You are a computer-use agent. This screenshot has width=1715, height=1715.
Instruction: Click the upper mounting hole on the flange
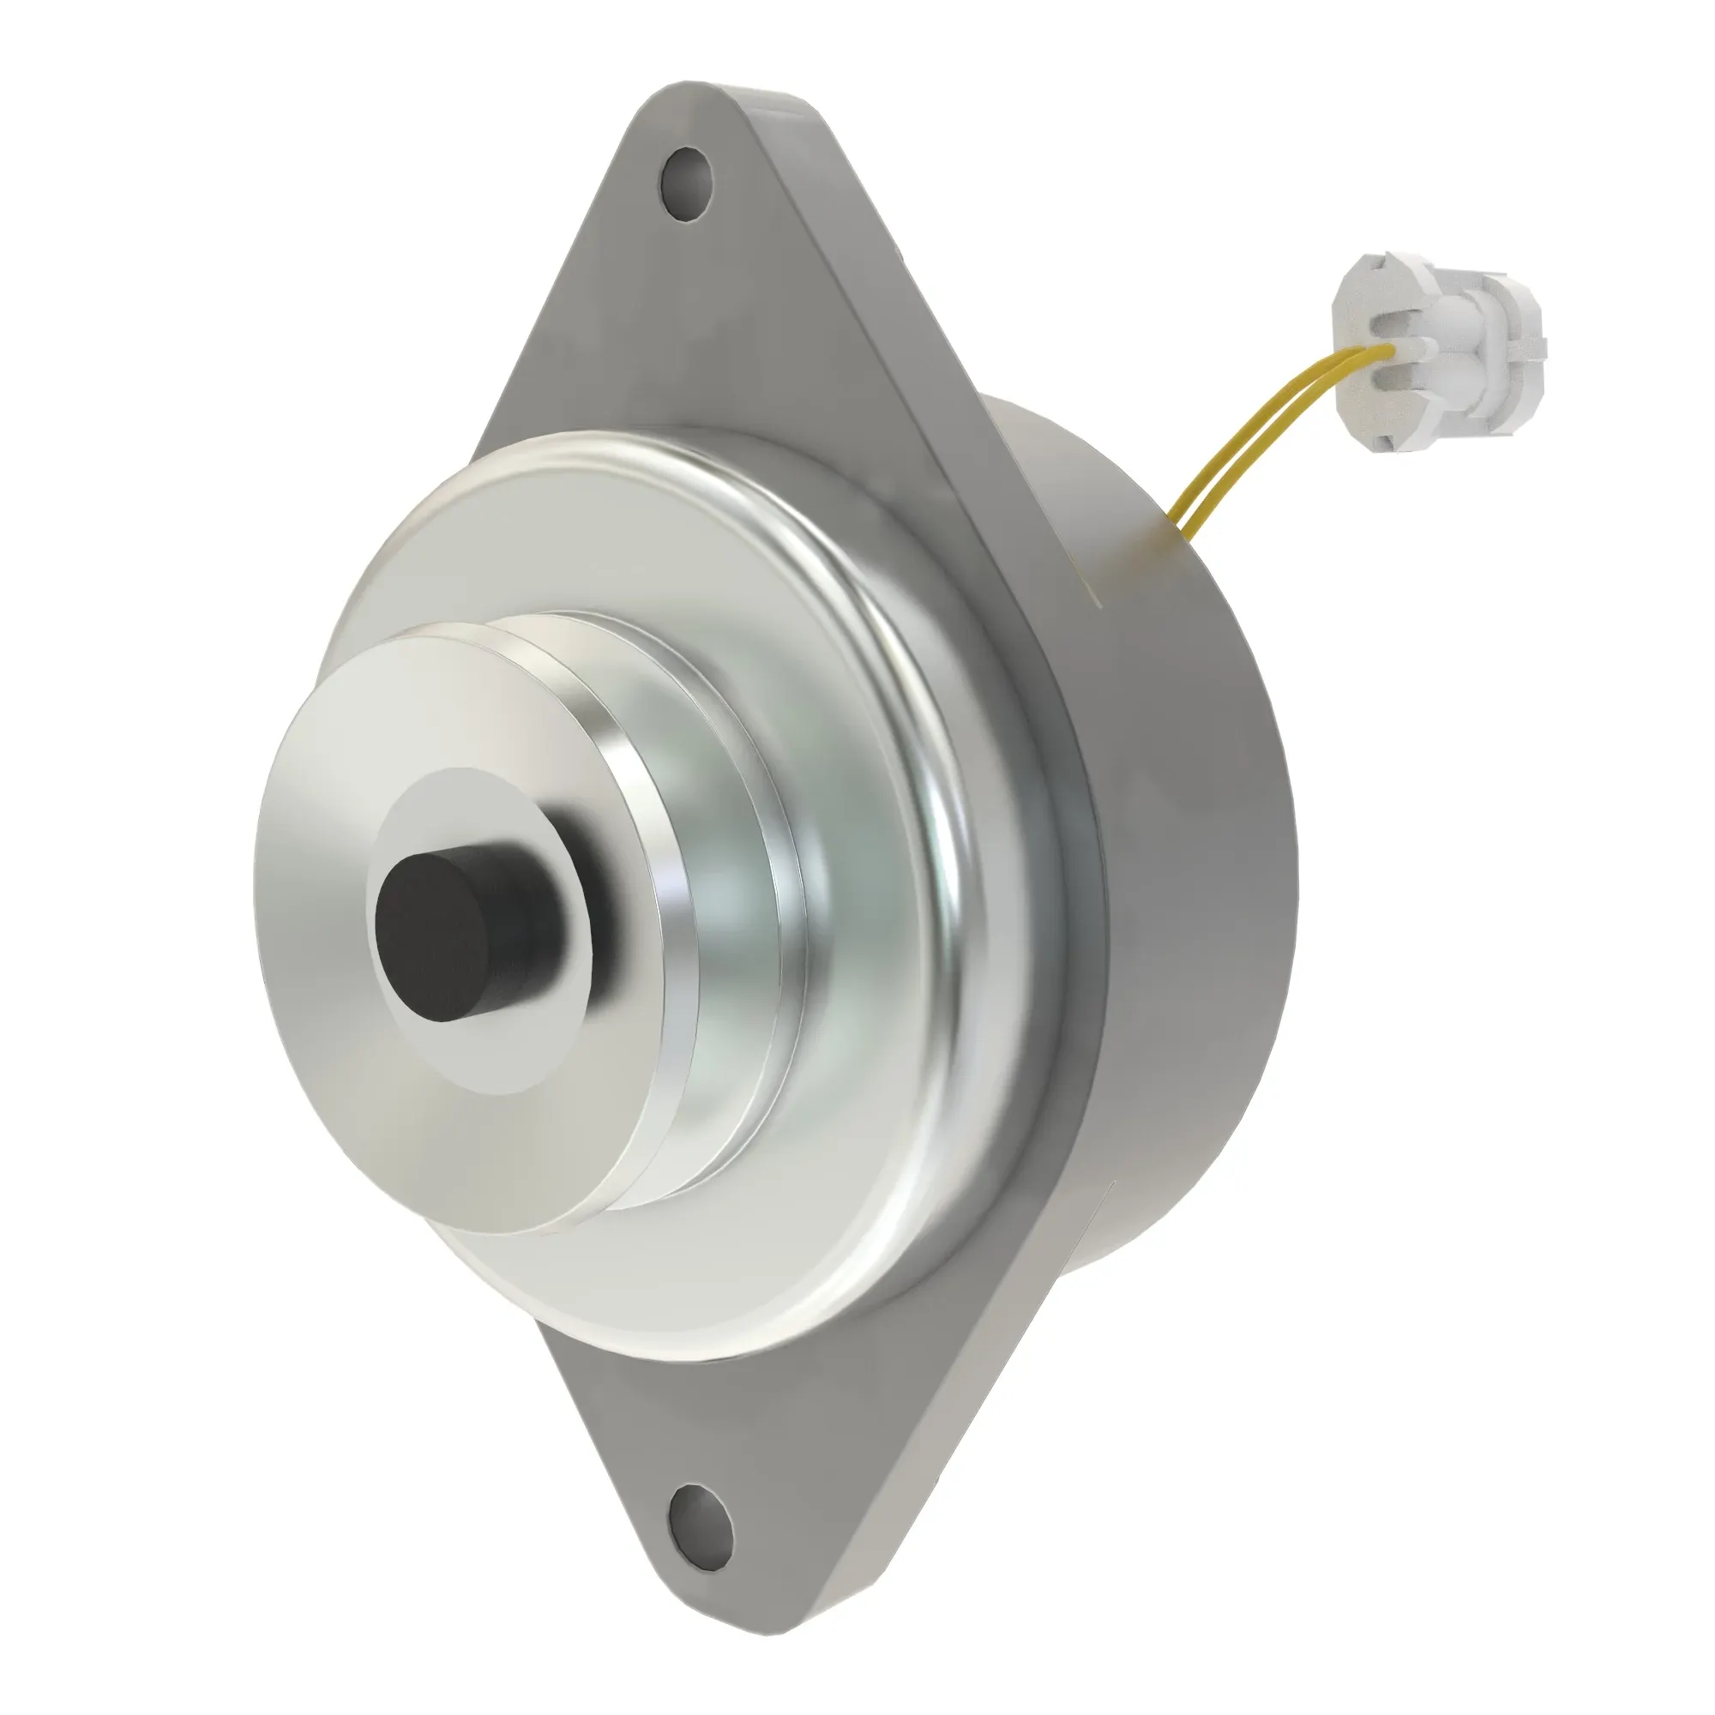(x=687, y=186)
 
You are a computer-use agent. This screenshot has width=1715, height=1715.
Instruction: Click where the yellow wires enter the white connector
(x=1384, y=352)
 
